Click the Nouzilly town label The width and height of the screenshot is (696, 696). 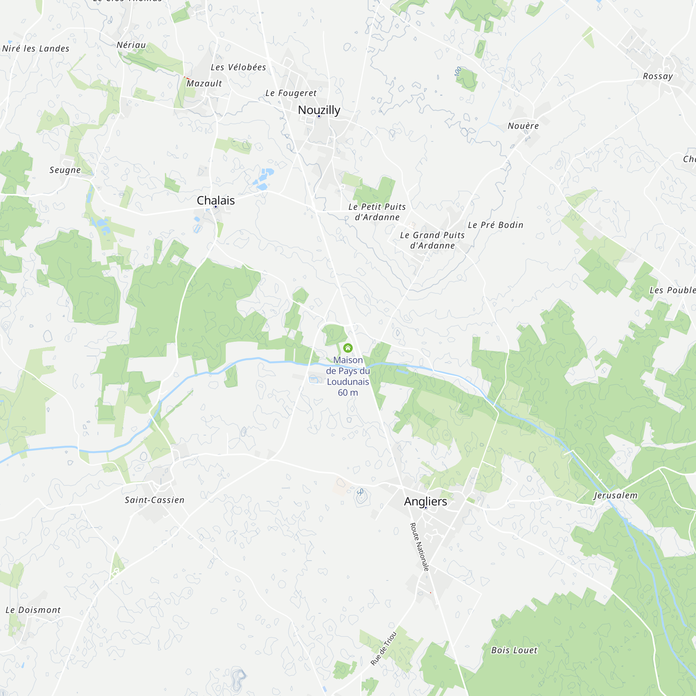tap(319, 110)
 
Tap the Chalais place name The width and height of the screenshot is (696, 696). tap(215, 200)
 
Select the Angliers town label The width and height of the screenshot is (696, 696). tap(425, 501)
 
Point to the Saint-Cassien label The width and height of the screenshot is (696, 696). tap(155, 500)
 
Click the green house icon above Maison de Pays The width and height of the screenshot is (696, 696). tap(348, 348)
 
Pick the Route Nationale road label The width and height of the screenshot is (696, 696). tap(420, 547)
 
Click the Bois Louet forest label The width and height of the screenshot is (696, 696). tap(514, 650)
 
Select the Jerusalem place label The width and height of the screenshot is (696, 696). tap(615, 495)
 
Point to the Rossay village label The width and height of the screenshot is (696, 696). tap(658, 76)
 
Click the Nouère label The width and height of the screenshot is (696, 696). tap(523, 126)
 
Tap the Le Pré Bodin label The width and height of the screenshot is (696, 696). tap(495, 225)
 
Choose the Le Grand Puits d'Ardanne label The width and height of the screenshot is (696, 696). tap(432, 240)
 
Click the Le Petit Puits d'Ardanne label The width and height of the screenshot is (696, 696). tap(377, 212)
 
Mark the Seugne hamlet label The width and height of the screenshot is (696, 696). tap(65, 170)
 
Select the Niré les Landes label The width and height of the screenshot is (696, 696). tap(35, 49)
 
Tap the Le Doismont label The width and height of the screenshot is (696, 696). tap(33, 610)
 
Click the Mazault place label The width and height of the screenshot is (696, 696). tap(204, 84)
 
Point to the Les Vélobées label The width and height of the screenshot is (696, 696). tap(238, 68)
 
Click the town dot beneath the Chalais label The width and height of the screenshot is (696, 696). tap(216, 207)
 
